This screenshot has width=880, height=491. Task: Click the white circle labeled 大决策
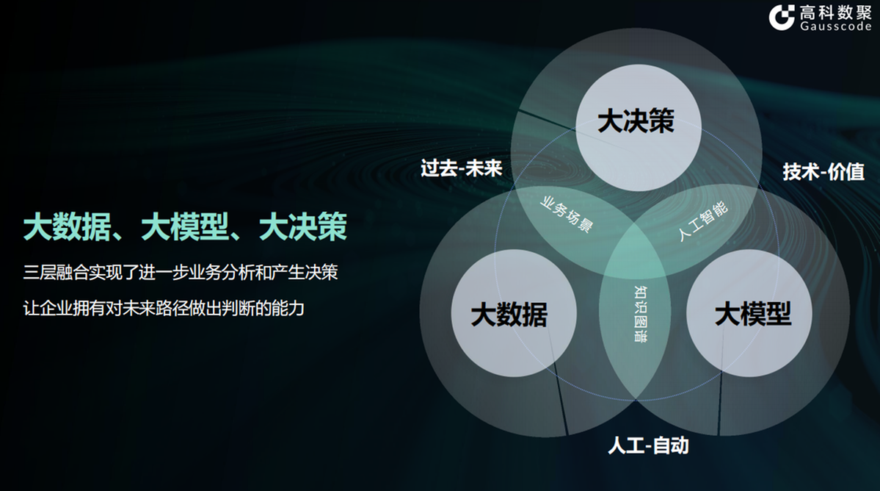[x=636, y=122]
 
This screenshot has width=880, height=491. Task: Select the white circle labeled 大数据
[x=509, y=316]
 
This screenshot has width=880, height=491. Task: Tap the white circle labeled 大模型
[x=753, y=316]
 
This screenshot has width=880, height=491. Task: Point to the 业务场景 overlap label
[x=566, y=214]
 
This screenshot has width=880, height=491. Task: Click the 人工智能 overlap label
[x=702, y=220]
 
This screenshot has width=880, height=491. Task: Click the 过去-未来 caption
[x=462, y=168]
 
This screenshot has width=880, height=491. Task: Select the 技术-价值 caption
[x=823, y=172]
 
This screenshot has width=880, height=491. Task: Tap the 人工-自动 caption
[x=648, y=445]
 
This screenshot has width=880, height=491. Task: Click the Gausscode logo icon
[x=782, y=17]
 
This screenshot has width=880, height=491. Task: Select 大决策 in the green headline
[x=302, y=227]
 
